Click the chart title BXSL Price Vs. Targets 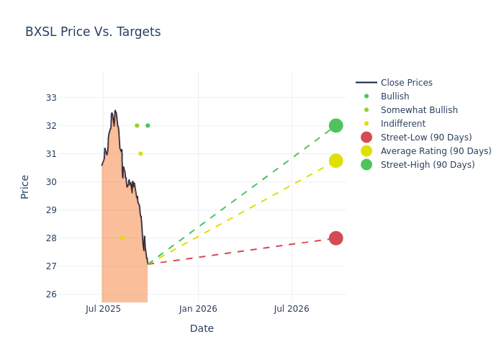[x=93, y=32]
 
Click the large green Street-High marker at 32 [x=336, y=125]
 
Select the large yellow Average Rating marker [x=336, y=161]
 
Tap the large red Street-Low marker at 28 [x=336, y=238]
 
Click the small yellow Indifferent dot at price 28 [x=122, y=238]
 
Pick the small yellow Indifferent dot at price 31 [x=140, y=153]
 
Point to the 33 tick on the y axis [x=51, y=97]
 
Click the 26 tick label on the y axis [x=51, y=294]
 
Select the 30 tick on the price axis [x=51, y=181]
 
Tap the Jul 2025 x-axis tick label [x=103, y=309]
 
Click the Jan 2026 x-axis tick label [x=198, y=309]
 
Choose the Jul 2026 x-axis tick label [x=292, y=309]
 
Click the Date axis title [x=202, y=329]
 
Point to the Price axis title [x=25, y=186]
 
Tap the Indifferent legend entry [x=402, y=124]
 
